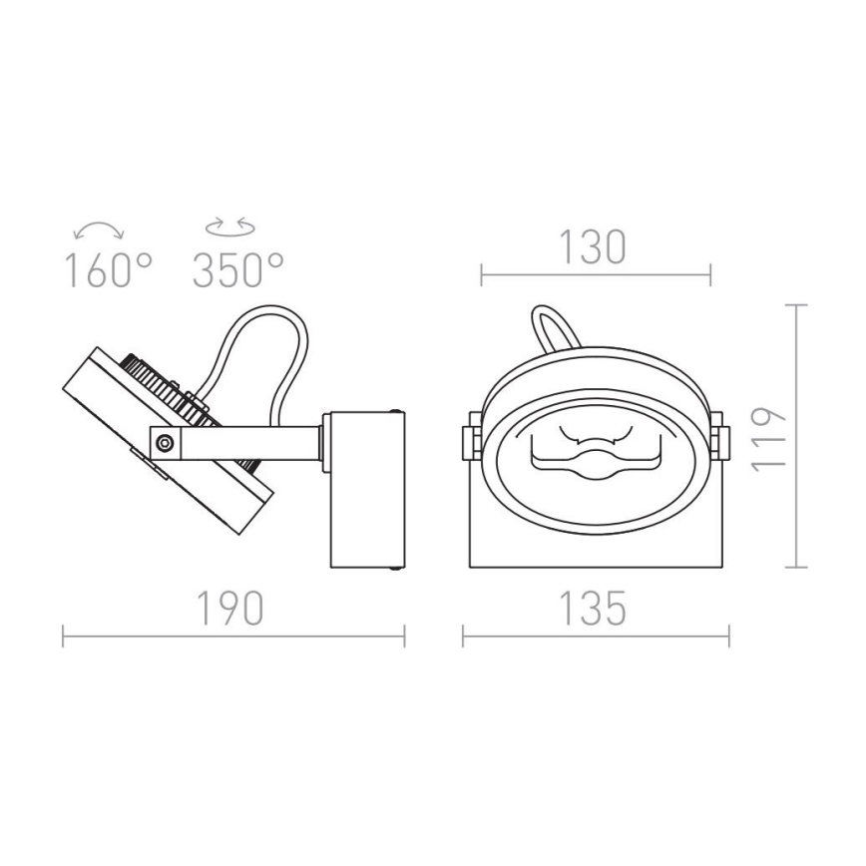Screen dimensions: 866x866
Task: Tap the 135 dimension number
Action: (594, 607)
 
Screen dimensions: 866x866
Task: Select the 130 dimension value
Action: (594, 246)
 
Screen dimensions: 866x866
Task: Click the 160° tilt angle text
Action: (108, 269)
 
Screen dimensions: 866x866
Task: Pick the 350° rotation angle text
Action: (237, 269)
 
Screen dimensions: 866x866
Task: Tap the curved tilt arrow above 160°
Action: (100, 230)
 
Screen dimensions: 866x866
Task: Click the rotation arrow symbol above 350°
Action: (229, 228)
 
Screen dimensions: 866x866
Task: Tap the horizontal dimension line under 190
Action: (234, 636)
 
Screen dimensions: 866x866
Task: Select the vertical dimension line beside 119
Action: (796, 437)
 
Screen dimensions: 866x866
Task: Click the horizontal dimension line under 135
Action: (596, 636)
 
